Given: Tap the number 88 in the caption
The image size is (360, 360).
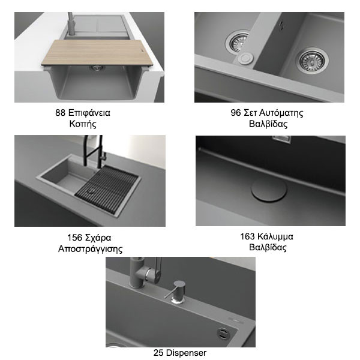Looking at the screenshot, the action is point(60,113).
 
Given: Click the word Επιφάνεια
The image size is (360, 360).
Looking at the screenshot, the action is point(89,113).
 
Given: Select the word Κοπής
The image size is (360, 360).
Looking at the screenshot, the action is point(83,124).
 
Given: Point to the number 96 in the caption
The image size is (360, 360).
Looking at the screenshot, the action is point(236,113).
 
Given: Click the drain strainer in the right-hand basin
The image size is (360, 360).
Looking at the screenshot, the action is point(312,61).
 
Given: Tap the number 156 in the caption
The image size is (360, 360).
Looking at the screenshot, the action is point(74,238).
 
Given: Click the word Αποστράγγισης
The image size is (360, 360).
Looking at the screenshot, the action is point(90,249).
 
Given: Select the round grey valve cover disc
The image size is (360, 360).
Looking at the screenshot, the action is point(269,190).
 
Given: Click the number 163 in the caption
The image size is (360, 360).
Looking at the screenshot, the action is point(248,236).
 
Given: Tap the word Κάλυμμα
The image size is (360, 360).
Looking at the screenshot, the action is point(275,237).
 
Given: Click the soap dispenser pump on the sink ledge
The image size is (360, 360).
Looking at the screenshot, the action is point(177,292).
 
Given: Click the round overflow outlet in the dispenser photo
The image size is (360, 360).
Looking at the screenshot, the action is point(223,333).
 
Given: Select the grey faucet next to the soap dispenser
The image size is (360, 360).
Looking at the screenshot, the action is point(144,273).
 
